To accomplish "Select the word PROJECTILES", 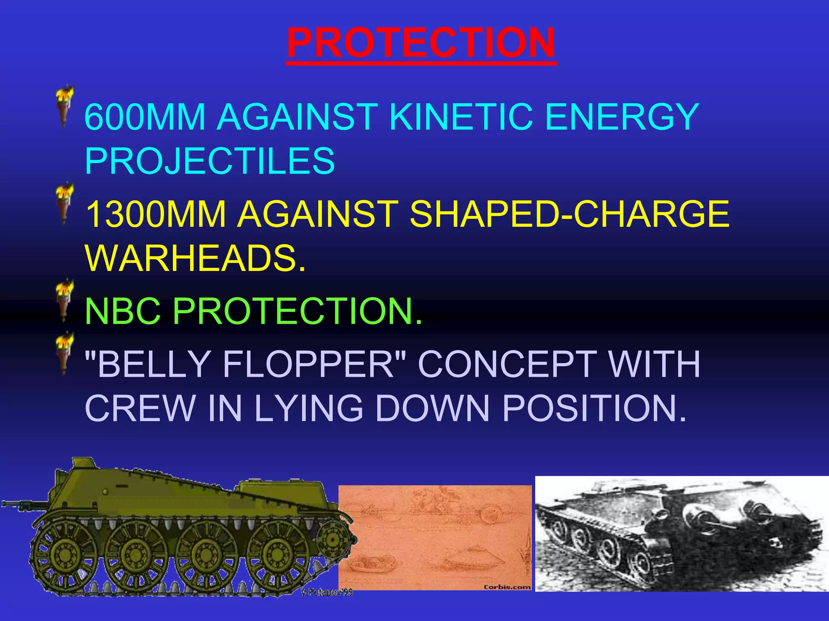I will point(210,161).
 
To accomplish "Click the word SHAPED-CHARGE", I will point(569,214).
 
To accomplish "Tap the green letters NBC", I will point(123,311).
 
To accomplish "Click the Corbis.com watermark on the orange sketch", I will point(507,587).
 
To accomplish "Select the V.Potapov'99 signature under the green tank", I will point(326,593).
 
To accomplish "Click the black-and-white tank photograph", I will point(682,534).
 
